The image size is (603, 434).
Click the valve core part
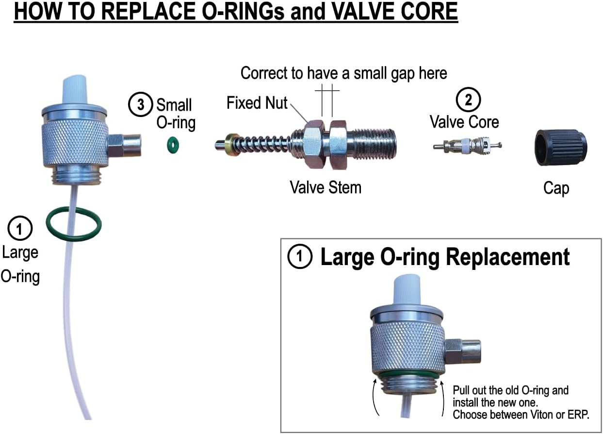[466, 145]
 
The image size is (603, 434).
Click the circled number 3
[140, 104]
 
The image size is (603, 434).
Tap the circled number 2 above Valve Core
[468, 100]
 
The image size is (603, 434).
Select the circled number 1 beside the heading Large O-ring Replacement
[300, 257]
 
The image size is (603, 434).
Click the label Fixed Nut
[257, 103]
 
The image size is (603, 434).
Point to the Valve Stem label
[326, 187]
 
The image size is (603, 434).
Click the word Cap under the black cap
[556, 188]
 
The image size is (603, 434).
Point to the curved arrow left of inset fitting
[375, 397]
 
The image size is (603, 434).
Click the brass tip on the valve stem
[233, 144]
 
